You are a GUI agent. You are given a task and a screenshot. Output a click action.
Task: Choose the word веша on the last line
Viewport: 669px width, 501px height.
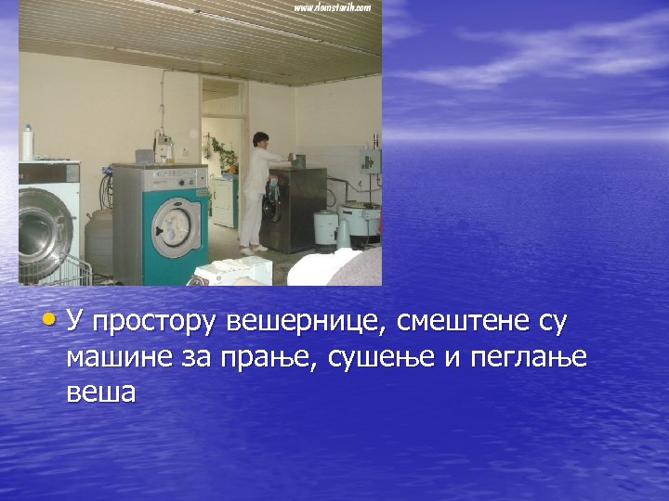click(x=100, y=392)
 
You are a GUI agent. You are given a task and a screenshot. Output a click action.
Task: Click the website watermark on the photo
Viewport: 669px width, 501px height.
click(x=333, y=7)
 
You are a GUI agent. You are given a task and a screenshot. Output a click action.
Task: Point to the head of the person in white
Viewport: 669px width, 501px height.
click(x=260, y=140)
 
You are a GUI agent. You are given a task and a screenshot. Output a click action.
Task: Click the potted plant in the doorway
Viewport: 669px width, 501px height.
click(x=220, y=148)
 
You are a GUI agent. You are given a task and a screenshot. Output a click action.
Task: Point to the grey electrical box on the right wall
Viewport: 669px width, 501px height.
click(x=371, y=161)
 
